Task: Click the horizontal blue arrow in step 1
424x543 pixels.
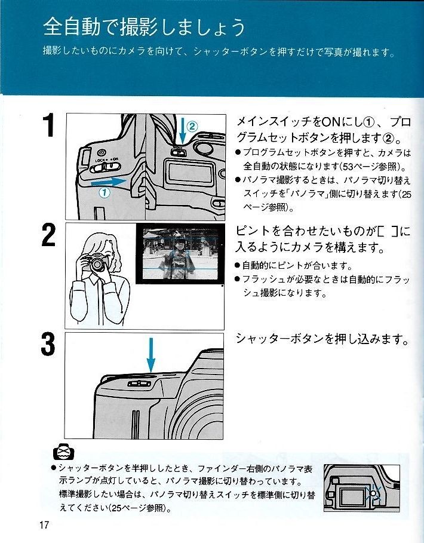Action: [x=110, y=180]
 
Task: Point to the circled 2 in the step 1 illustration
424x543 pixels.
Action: [x=192, y=126]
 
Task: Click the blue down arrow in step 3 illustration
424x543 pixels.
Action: [x=150, y=355]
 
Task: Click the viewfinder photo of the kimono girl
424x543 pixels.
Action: [x=179, y=253]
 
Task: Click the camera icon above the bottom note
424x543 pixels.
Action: [x=62, y=452]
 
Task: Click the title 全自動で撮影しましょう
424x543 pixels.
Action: [x=144, y=27]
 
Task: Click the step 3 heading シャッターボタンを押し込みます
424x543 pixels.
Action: [x=323, y=339]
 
